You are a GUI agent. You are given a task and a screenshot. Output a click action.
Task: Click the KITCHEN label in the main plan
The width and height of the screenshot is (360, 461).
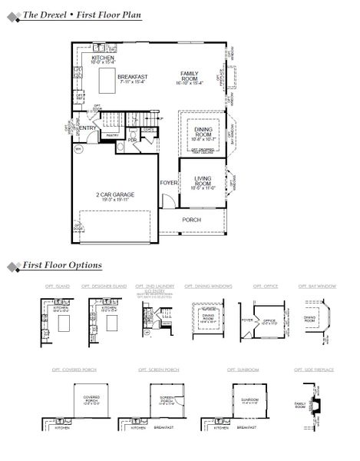click(x=103, y=58)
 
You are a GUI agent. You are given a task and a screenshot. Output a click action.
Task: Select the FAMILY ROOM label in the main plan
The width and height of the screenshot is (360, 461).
click(x=189, y=76)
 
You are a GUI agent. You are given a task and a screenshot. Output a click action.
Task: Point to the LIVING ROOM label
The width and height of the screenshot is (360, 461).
click(x=203, y=181)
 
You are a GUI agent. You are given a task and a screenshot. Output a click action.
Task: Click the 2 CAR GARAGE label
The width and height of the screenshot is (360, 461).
click(x=115, y=195)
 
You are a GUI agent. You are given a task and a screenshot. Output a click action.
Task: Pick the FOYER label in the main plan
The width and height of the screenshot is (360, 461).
click(x=168, y=184)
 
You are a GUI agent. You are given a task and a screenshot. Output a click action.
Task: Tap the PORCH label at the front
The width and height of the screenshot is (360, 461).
click(x=191, y=220)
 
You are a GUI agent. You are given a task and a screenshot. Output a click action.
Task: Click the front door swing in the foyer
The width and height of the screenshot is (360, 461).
click(x=166, y=203)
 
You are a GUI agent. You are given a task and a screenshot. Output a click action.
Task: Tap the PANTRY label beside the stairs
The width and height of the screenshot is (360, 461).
click(x=111, y=134)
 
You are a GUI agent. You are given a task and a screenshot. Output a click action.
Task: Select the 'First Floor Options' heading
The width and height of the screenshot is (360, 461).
click(x=62, y=266)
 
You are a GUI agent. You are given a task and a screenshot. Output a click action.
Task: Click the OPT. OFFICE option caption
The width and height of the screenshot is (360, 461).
click(x=259, y=285)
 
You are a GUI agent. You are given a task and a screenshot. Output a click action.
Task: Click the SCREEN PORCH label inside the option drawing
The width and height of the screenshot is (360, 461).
click(x=167, y=400)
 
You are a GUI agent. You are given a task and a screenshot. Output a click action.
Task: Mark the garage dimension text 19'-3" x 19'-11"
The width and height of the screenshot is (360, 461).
click(x=115, y=202)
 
